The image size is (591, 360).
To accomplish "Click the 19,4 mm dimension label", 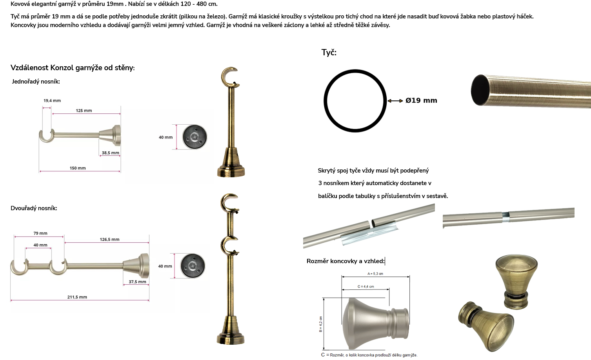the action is tap(52, 100).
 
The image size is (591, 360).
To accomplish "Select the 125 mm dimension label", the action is tap(84, 111).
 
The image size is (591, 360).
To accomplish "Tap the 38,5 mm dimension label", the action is tap(110, 153).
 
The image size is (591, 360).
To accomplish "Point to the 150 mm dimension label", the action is tap(78, 168).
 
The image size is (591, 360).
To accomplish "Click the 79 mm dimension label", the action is tap(40, 233).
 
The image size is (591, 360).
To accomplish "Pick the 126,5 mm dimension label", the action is tap(109, 240).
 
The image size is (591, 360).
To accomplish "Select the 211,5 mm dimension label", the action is tap(77, 297).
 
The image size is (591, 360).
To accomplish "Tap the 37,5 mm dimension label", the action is tap(137, 282).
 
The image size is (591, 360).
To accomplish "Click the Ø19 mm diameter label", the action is tap(421, 100).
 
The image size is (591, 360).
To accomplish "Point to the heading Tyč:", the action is tap(329, 53).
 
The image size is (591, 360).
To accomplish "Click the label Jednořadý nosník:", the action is tap(36, 82).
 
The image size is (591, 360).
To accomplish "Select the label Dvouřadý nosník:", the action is tap(34, 208).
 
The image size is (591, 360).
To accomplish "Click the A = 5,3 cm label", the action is tap(375, 274).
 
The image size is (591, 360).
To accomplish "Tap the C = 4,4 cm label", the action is tap(366, 287).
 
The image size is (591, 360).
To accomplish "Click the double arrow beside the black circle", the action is tap(395, 101).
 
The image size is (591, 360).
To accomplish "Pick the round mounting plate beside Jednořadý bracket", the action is tap(195, 137).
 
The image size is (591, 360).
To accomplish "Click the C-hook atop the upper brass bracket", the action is tap(229, 77).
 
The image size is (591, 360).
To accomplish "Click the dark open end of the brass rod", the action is tap(480, 90).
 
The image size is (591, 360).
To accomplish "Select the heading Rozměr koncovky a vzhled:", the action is tap(346, 261).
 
